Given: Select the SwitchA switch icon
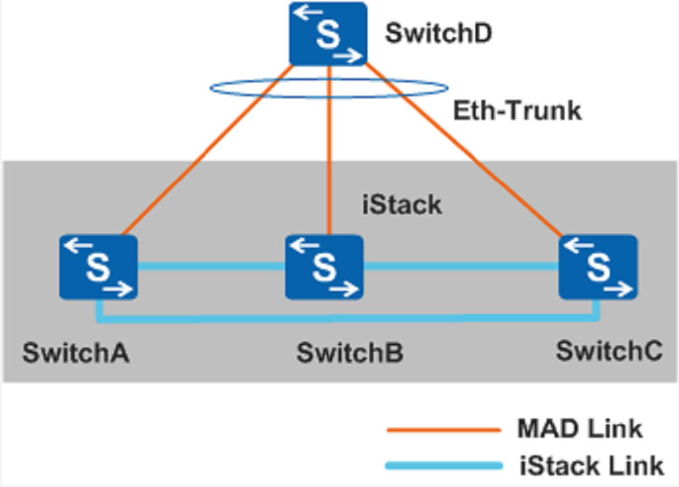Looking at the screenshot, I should coord(98,267).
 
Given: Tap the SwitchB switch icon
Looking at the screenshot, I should coord(324,267).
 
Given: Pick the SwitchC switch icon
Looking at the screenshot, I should coord(597,267).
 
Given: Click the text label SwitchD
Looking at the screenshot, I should coord(438,34).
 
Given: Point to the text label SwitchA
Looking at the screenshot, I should coord(76,353).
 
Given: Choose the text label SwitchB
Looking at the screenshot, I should coord(350,353).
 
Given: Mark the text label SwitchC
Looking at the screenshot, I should coord(609,351).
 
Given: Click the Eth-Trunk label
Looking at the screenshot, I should coord(518,111).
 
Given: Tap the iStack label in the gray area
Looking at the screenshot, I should coord(402,205).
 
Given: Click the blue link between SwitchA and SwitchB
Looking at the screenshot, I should coord(211,267).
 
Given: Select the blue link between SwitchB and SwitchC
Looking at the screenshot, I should coord(461,267).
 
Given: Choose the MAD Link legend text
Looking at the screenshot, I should coord(580,429).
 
